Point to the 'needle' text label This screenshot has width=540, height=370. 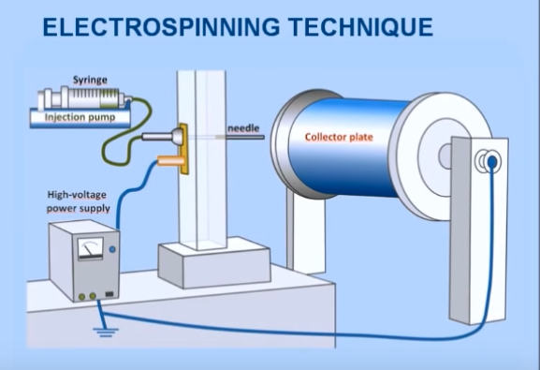click(241, 127)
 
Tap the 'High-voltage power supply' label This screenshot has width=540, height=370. click(79, 201)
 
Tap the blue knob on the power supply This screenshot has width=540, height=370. click(113, 250)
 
